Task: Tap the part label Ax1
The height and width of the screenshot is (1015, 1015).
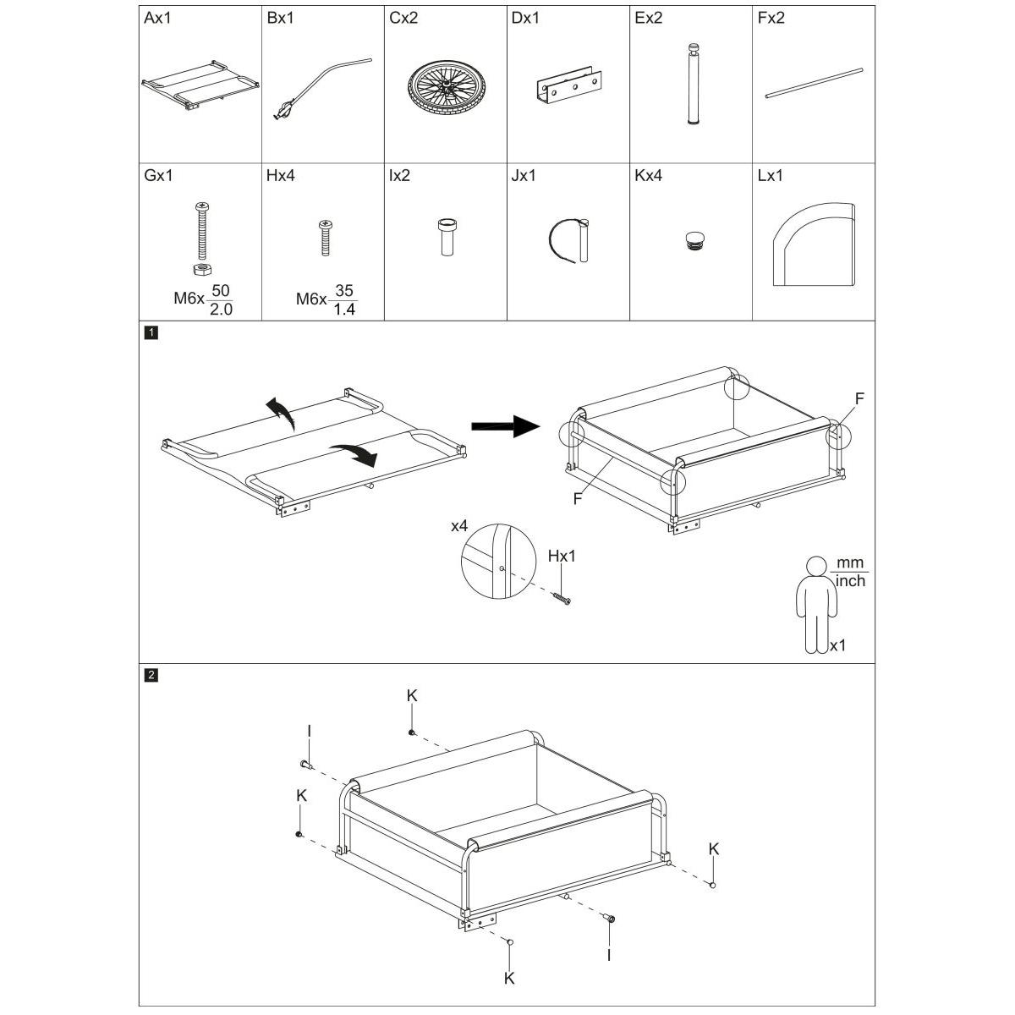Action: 157,18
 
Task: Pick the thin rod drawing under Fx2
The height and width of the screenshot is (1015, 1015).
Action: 813,84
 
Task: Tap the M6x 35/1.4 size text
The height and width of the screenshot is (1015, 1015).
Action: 326,299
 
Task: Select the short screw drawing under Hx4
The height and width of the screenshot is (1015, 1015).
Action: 324,237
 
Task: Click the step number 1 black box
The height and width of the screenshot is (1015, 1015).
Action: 151,332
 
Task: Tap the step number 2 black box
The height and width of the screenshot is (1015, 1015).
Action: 151,675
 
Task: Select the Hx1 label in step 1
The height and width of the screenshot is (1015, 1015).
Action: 562,557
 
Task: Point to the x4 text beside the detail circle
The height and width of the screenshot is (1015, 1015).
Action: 459,526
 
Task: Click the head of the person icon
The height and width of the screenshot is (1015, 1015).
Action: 816,567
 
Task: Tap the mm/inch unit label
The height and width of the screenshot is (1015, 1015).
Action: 850,573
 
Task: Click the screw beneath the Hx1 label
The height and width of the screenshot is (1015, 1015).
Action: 561,599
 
